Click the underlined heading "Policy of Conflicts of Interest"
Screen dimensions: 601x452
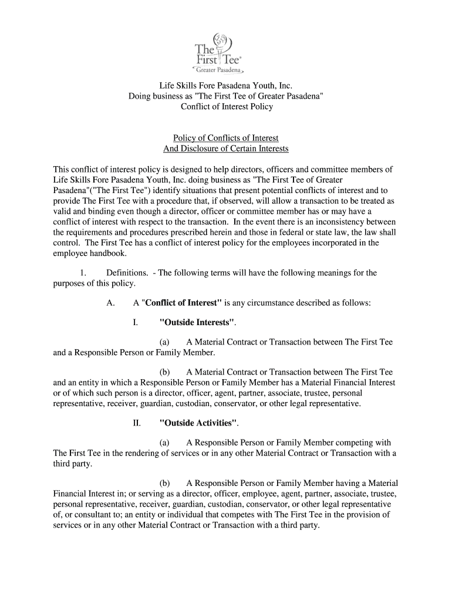[226, 138]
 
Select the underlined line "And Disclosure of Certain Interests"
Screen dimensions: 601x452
[226, 148]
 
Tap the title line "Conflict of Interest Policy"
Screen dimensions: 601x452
[226, 106]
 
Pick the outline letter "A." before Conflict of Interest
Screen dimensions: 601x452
[110, 303]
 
